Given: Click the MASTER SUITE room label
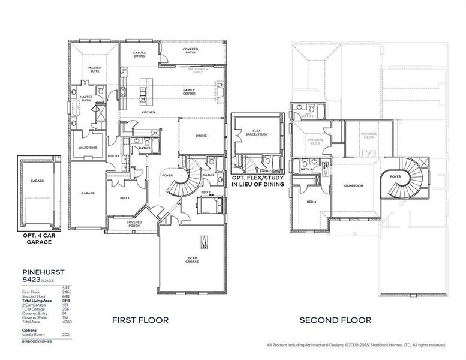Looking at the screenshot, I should (x=94, y=70).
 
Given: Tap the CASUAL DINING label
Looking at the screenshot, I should (x=139, y=55).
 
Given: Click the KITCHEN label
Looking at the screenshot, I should (x=148, y=112).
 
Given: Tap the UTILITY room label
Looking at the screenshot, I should (x=113, y=156).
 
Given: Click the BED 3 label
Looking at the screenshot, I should (x=124, y=197).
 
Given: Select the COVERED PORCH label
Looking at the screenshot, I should (x=134, y=224).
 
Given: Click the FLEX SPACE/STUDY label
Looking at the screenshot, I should (x=257, y=133).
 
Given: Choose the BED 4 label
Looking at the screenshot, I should (x=311, y=202).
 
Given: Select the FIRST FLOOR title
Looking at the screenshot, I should (x=140, y=320).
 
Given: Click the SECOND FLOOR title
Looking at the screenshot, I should (x=335, y=320).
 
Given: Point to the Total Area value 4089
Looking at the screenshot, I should (x=66, y=323).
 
